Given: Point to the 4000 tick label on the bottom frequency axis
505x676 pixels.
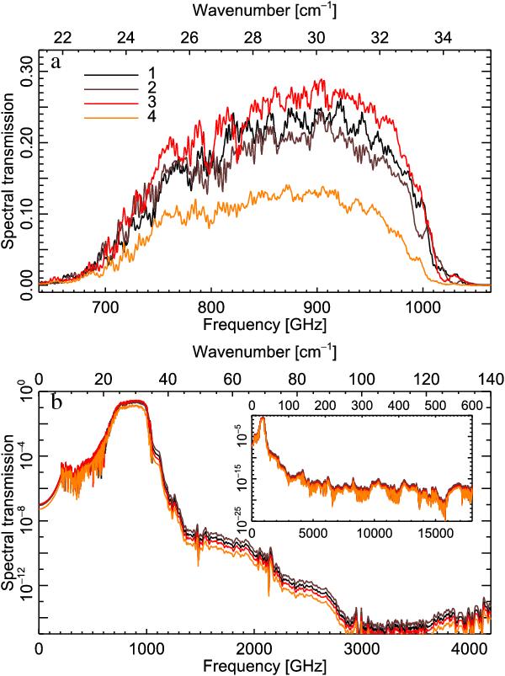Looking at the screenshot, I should click(468, 649).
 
